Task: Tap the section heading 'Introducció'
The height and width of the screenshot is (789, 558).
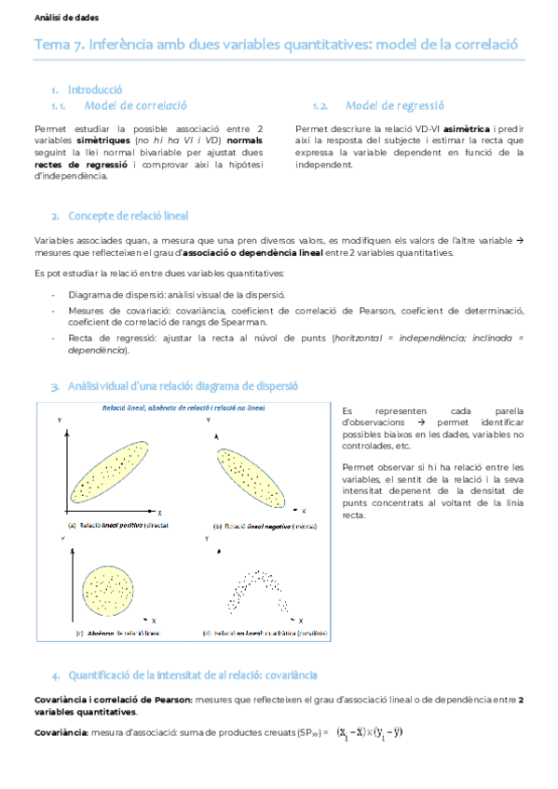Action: pos(95,89)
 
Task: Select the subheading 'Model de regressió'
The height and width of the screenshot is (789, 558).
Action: pos(394,106)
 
